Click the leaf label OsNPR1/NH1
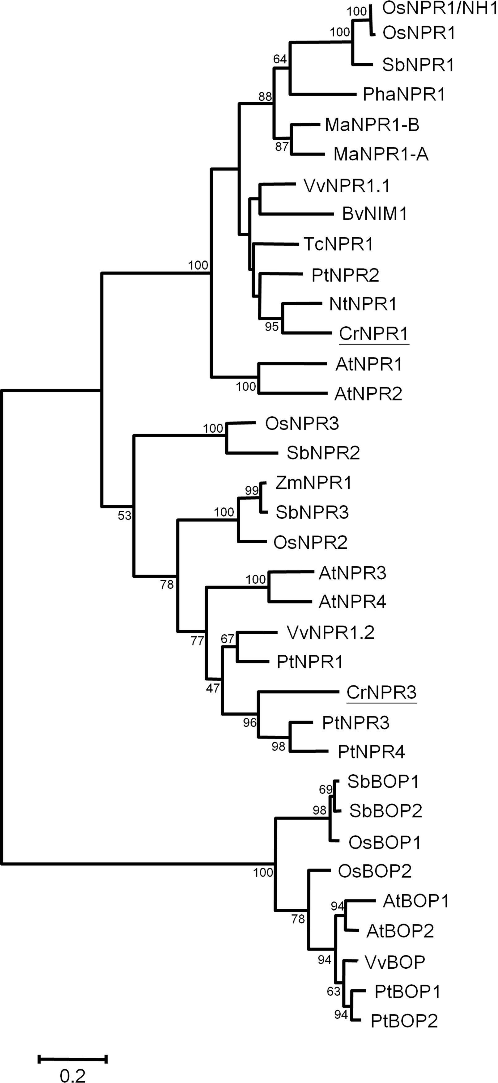click(x=440, y=9)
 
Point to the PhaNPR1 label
click(x=404, y=95)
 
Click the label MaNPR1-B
click(x=372, y=125)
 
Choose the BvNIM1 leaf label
click(x=375, y=214)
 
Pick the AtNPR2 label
click(x=368, y=394)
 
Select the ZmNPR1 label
click(x=313, y=483)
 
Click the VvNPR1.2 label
click(x=330, y=632)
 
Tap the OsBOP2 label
click(x=374, y=871)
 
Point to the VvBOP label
click(x=394, y=962)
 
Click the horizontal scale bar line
click(x=73, y=1059)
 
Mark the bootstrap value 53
click(x=125, y=515)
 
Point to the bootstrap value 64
click(x=280, y=59)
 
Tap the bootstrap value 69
click(x=326, y=789)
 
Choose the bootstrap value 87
click(x=282, y=147)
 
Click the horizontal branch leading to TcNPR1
click(x=275, y=244)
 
